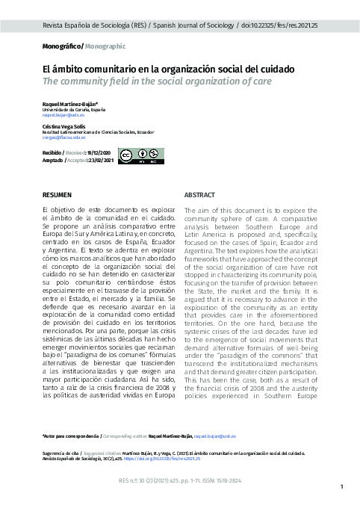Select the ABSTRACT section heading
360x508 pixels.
click(199, 194)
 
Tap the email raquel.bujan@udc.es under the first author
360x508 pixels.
click(63, 116)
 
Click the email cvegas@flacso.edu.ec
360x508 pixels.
click(65, 137)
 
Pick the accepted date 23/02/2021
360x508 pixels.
click(100, 160)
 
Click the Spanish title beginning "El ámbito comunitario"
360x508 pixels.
click(168, 69)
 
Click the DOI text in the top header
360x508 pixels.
click(282, 25)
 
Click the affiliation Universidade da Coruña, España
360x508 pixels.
click(74, 111)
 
